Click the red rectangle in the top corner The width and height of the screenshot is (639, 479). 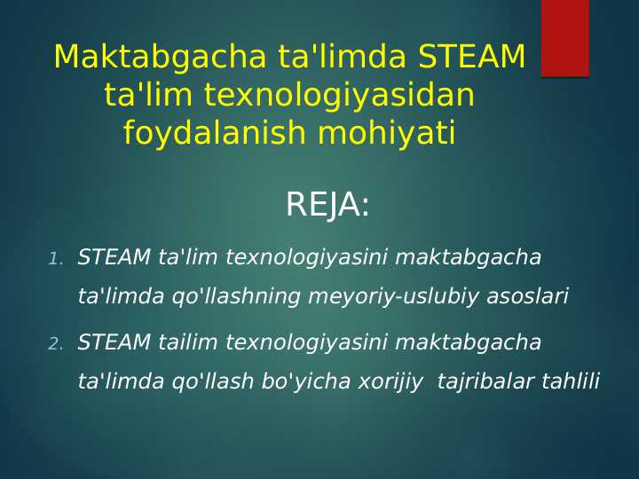click(564, 38)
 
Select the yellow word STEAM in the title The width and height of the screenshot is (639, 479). click(472, 57)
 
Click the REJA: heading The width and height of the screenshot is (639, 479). click(327, 206)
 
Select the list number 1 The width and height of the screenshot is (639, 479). click(55, 260)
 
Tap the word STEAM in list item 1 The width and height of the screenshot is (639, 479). click(114, 258)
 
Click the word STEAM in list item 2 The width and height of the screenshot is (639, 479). click(114, 342)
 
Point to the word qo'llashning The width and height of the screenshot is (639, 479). click(238, 297)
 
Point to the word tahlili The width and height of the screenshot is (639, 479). click(571, 382)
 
